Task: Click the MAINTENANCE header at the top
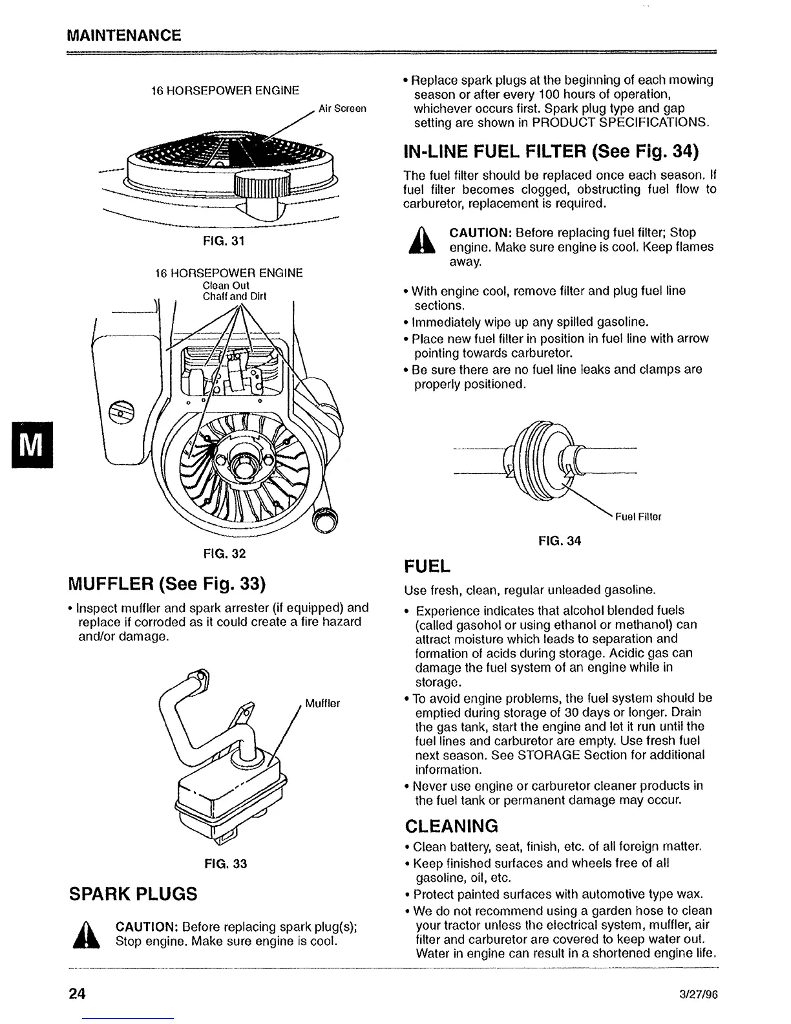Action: coord(123,34)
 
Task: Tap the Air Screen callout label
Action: coord(343,109)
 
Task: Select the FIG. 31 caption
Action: coord(224,241)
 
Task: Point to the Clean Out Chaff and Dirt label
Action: coord(235,291)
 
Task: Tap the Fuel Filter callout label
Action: coord(637,517)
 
